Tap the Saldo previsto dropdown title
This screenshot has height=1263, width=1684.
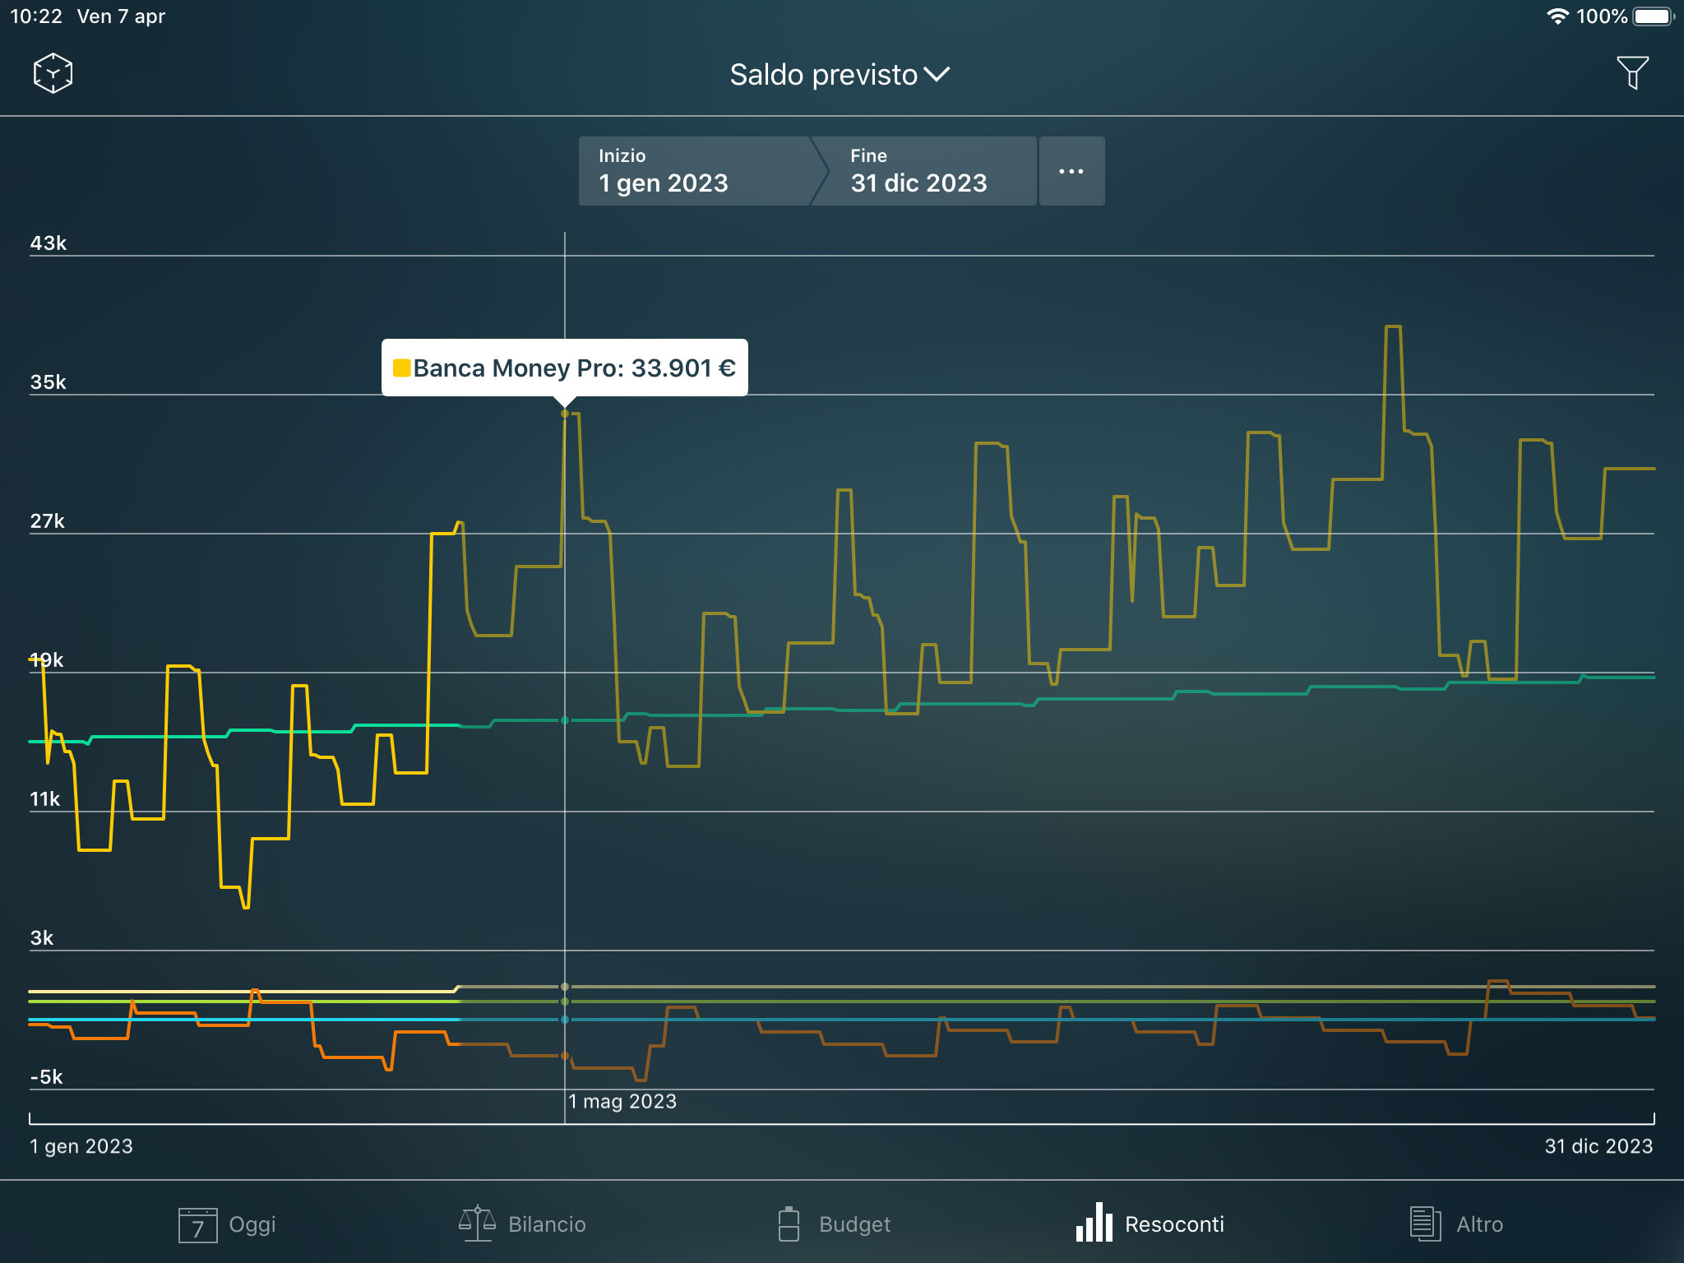[x=839, y=75]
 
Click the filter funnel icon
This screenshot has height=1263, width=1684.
[x=1632, y=72]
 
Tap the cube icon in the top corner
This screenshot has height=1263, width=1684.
[x=53, y=73]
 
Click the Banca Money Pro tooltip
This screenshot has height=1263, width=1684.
[x=565, y=368]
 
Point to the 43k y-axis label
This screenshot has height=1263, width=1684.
[x=49, y=243]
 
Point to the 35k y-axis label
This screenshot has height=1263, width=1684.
[x=49, y=382]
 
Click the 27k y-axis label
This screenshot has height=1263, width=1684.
[x=48, y=521]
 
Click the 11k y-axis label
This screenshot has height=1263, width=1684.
[x=45, y=799]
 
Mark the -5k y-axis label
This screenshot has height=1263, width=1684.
[x=47, y=1077]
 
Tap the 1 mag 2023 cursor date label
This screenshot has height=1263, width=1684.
[x=622, y=1102]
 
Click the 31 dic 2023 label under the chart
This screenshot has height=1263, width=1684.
[x=1598, y=1146]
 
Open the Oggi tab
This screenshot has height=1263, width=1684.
[x=228, y=1224]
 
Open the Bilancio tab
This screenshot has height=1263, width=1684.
[x=523, y=1224]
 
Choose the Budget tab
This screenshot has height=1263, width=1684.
[x=834, y=1224]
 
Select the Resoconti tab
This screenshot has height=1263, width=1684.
[x=1150, y=1224]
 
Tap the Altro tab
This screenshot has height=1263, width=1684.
[x=1456, y=1224]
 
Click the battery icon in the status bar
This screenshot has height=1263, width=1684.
[x=1653, y=16]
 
